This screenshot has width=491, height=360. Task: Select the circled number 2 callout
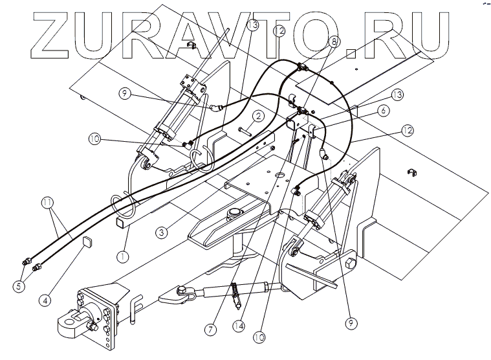(257, 117)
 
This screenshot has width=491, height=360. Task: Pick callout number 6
(384, 111)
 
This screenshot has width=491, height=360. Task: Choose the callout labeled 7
(211, 329)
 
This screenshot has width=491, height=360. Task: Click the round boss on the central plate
(234, 212)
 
